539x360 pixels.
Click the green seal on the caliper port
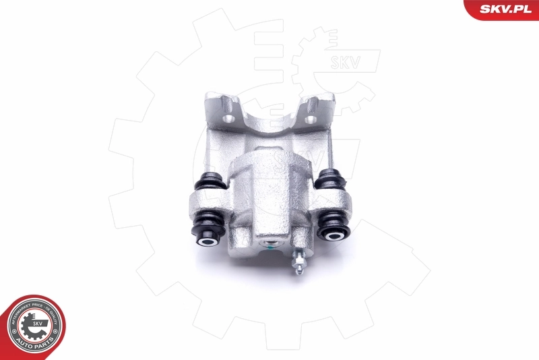[269, 245]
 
